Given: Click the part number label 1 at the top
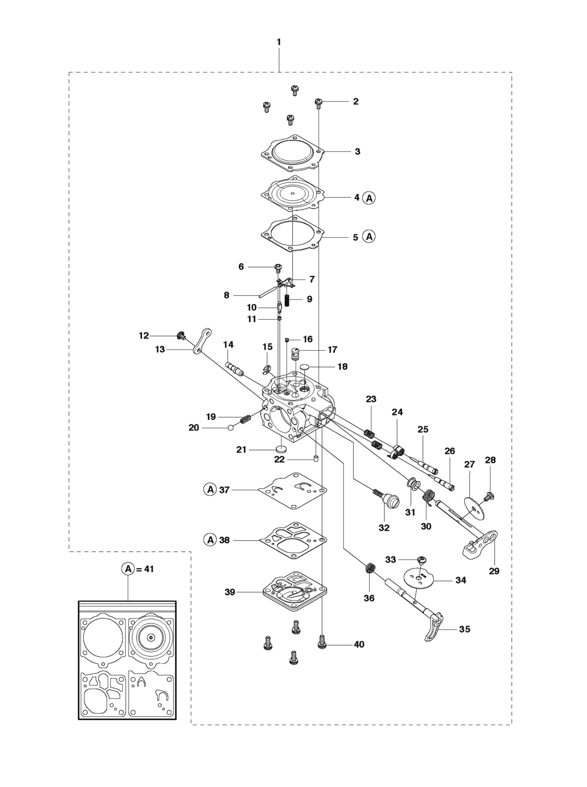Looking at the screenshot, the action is [x=279, y=42].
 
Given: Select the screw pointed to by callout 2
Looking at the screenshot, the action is [x=318, y=103].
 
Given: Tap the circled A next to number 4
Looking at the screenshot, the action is [x=369, y=198].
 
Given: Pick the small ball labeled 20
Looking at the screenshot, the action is [x=231, y=428].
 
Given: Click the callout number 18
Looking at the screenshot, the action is [x=342, y=367].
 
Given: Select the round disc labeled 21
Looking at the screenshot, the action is [x=282, y=448].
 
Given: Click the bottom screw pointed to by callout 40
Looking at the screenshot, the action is [x=322, y=642].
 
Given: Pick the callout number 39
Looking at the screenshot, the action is [x=230, y=592].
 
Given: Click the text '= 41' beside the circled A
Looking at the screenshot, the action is [x=145, y=569].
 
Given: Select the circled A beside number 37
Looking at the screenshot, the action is [x=210, y=490].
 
